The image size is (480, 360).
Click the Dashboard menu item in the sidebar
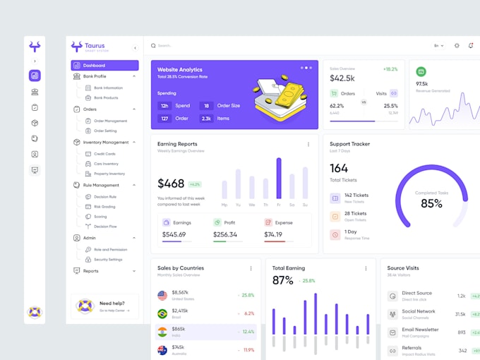click(94, 66)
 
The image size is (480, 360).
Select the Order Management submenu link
click(110, 121)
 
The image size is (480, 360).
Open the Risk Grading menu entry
click(105, 207)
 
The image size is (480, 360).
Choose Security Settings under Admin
click(108, 260)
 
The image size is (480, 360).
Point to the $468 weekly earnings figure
click(171, 184)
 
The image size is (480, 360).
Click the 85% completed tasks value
click(431, 203)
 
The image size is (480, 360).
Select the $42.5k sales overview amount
click(342, 78)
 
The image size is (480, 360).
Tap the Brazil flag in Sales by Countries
click(162, 313)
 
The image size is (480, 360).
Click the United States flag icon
click(162, 295)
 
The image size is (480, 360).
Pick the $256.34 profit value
click(225, 234)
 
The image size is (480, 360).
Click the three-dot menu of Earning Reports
click(308, 144)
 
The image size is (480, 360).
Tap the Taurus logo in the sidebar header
click(77, 47)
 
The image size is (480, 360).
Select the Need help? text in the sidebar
click(113, 304)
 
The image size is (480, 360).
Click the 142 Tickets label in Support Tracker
click(356, 196)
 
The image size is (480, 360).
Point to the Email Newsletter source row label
click(420, 330)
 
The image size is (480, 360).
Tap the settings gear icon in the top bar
click(457, 46)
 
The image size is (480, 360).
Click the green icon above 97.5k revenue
click(421, 71)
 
